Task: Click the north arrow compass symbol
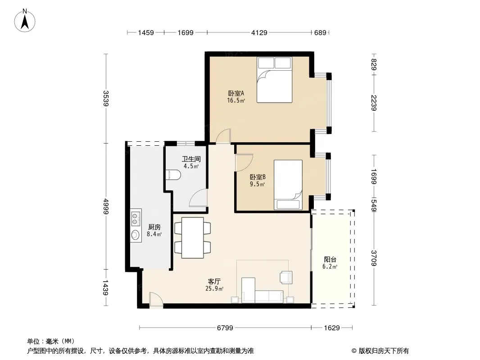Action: [25, 21]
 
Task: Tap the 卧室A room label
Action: [236, 93]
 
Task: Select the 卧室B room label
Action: [258, 177]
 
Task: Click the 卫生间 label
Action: [191, 159]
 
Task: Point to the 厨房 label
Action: [154, 227]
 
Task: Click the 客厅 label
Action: [214, 281]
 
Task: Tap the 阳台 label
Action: [330, 259]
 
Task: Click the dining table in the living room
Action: [193, 238]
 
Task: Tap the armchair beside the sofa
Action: [286, 277]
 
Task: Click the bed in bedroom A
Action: [275, 80]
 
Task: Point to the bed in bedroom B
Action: [288, 185]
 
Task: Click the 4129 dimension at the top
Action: [259, 32]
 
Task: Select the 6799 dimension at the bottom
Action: [225, 328]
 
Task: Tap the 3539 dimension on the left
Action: [106, 98]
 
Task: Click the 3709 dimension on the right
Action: [374, 258]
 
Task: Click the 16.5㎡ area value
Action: [236, 100]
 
